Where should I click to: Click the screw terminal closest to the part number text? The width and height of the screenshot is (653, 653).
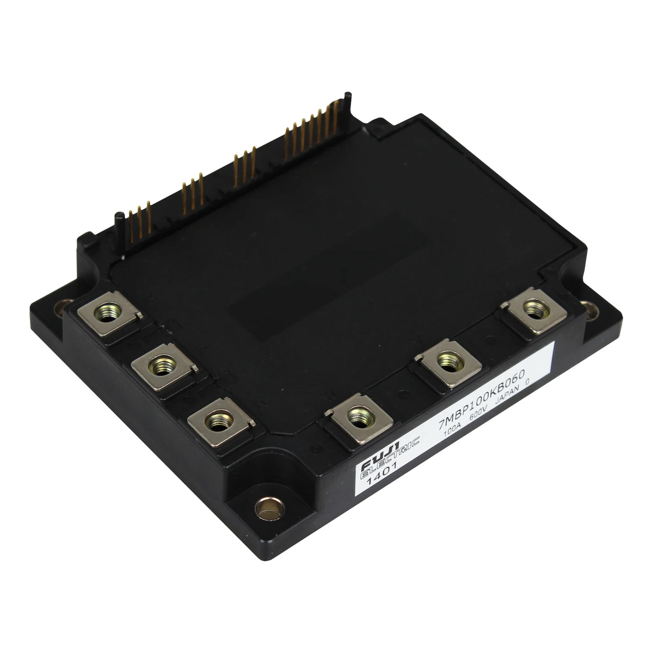pyautogui.click(x=449, y=362)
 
